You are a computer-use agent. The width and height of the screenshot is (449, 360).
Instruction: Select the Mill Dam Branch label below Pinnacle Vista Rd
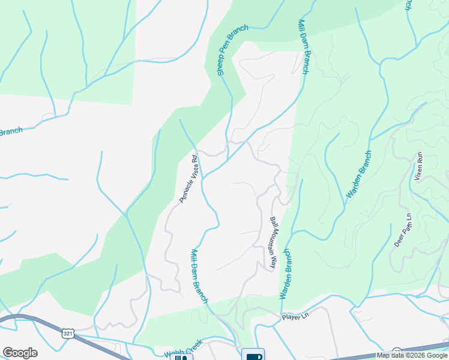pyautogui.click(x=199, y=276)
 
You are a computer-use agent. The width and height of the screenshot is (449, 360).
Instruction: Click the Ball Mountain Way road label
pyautogui.click(x=274, y=242)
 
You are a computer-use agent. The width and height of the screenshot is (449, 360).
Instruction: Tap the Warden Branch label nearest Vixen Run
pyautogui.click(x=360, y=175)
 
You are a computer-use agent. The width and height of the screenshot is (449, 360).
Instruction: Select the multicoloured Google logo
pyautogui.click(x=20, y=353)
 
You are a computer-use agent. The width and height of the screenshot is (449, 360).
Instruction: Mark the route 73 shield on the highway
pyautogui.click(x=396, y=350)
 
